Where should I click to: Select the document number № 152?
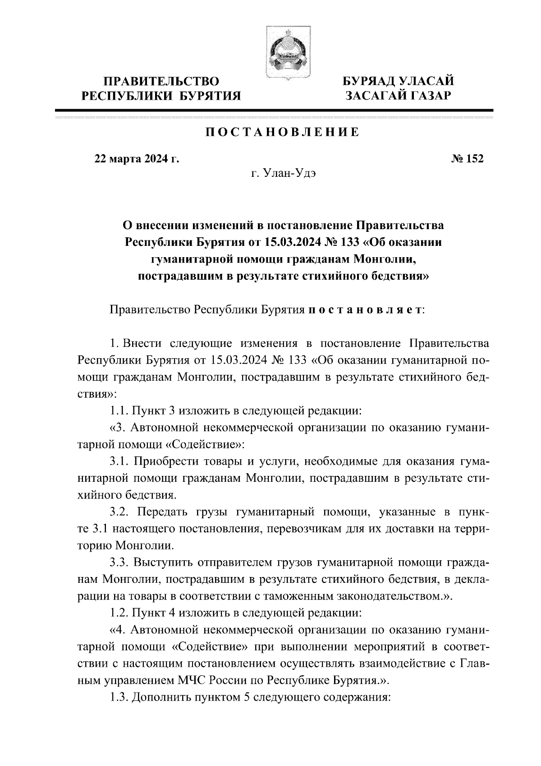pyautogui.click(x=467, y=159)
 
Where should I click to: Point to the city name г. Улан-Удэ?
pyautogui.click(x=283, y=173)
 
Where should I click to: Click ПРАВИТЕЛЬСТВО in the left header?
pyautogui.click(x=161, y=82)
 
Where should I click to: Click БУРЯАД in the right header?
pyautogui.click(x=371, y=82)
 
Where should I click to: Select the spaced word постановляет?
pyautogui.click(x=365, y=310)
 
